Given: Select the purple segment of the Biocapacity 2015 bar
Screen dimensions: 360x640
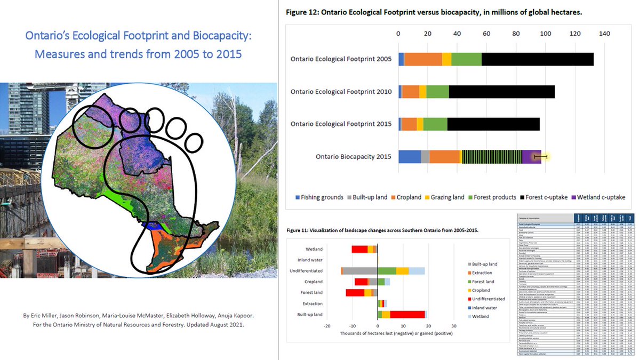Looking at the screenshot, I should [531, 157].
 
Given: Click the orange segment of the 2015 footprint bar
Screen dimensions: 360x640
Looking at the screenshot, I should [409, 124].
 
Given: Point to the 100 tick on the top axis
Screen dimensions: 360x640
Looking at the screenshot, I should [545, 33].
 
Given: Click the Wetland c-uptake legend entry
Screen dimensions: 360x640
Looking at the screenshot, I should [597, 197].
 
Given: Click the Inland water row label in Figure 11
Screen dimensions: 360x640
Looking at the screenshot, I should [309, 260].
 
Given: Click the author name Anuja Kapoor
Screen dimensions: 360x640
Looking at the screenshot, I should [226, 316].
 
